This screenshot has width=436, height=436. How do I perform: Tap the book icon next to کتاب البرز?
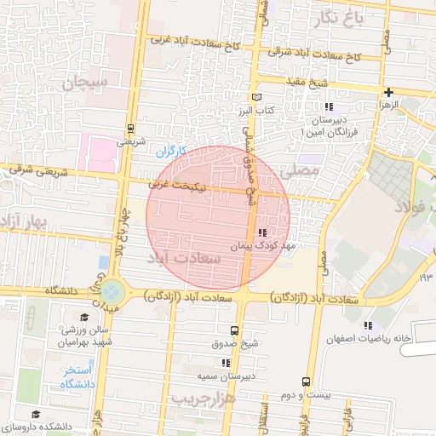[x=256, y=98]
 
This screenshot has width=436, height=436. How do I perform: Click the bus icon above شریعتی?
[x=130, y=129]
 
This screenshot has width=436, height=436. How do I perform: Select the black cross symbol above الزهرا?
[x=388, y=92]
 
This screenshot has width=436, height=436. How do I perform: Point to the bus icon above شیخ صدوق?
[x=234, y=330]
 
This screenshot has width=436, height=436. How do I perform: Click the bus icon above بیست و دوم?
[x=305, y=381]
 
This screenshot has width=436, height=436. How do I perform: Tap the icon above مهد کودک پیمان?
[x=262, y=232]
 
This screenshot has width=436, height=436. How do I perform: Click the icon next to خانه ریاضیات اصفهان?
[x=367, y=325]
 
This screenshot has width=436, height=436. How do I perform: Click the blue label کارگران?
[x=170, y=152]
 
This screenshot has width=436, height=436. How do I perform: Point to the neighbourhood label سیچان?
[x=86, y=83]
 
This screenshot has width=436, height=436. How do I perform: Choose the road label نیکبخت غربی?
[x=178, y=182]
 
